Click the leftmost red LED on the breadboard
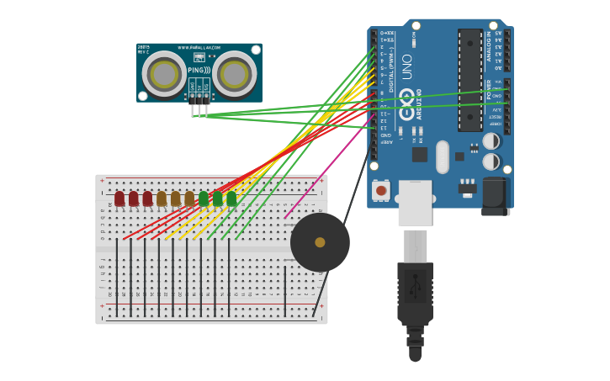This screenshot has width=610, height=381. point(119,198)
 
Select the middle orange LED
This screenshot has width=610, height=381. point(175,198)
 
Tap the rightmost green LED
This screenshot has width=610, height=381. point(231,198)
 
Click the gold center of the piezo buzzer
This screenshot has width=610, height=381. point(320,242)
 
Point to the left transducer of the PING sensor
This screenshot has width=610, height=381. point(164,75)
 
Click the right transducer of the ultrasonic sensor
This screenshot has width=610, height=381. point(234,75)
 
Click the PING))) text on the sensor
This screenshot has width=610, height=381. point(199,71)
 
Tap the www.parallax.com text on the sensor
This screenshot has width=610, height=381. point(199,48)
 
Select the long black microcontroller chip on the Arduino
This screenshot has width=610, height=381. point(469,80)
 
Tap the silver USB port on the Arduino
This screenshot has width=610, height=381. point(415,203)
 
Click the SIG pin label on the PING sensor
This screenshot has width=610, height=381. point(206,86)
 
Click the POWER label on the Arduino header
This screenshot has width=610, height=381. point(489,89)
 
